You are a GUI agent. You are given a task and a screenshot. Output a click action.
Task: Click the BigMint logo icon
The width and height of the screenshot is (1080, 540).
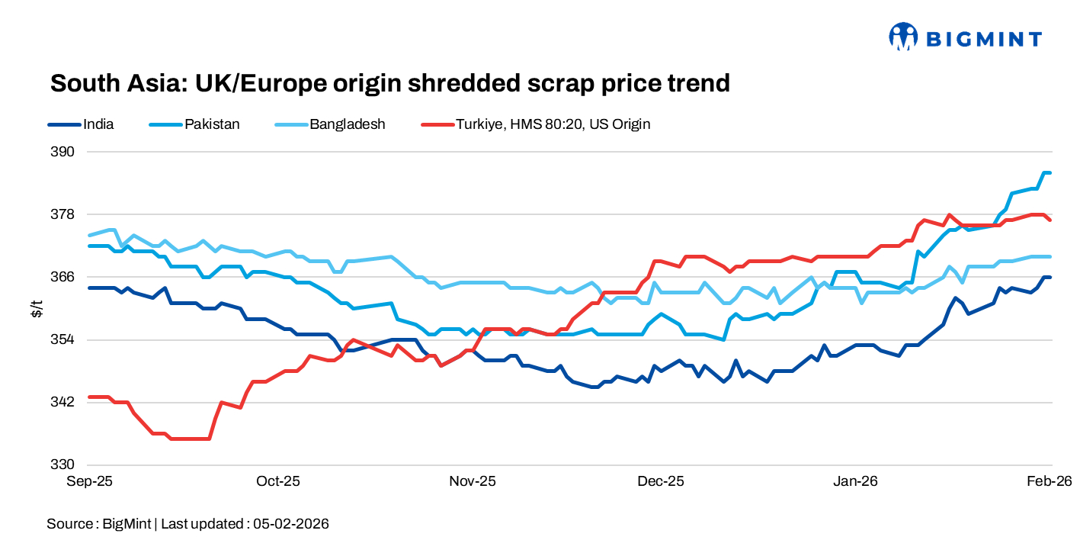[x=903, y=37]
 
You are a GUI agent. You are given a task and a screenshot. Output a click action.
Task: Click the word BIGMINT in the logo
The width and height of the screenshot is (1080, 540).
[x=983, y=38]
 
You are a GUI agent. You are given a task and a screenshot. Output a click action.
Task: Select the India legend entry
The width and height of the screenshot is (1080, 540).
[x=98, y=124]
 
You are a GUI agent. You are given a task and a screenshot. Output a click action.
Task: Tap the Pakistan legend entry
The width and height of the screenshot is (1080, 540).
[x=211, y=124]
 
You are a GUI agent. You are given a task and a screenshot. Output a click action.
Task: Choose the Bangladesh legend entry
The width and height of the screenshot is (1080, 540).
[x=347, y=124]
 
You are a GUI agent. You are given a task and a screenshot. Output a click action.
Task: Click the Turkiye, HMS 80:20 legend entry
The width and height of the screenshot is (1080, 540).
[x=553, y=124]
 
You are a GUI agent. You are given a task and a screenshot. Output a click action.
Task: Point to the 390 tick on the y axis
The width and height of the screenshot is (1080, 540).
[x=64, y=152]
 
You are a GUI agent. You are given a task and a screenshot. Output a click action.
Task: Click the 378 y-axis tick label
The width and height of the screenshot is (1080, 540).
[x=64, y=214]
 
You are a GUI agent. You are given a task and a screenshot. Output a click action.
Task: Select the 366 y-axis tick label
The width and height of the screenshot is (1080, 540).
[x=64, y=277]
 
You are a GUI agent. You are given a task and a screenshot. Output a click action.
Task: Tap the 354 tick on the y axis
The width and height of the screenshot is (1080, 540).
[x=64, y=339]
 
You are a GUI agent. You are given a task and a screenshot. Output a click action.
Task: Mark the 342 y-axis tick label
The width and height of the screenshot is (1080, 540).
[x=64, y=402]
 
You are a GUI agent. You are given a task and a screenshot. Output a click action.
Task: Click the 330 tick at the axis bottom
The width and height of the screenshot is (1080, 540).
[x=64, y=464]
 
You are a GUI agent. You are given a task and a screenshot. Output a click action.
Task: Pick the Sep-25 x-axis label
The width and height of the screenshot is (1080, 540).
[x=90, y=481]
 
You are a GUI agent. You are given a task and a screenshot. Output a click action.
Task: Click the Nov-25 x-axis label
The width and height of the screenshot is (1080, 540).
[x=473, y=481]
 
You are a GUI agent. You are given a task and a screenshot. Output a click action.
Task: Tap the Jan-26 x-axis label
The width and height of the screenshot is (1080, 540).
[x=855, y=481]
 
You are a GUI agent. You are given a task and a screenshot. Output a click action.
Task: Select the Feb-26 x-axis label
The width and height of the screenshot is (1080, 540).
[x=1050, y=481]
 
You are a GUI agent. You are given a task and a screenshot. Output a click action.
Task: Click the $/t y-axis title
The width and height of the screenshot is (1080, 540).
[x=36, y=308]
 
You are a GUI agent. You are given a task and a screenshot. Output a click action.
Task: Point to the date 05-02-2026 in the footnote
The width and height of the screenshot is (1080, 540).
[x=292, y=524]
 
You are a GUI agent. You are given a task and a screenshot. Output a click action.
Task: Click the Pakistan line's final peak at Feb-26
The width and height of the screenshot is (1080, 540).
[x=1048, y=173]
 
